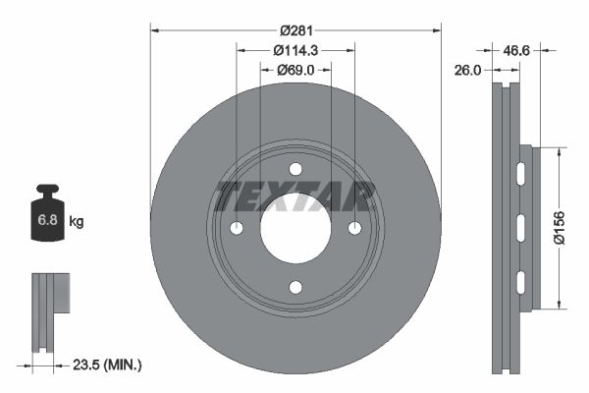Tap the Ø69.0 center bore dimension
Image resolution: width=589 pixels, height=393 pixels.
click(294, 70)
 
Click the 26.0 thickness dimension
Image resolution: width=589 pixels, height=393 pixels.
click(468, 71)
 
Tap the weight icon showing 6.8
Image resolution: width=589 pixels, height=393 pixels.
click(47, 216)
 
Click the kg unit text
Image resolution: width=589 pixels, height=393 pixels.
click(76, 222)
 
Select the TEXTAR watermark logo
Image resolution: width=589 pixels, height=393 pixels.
click(294, 196)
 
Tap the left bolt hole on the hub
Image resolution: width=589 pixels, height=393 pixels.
click(236, 228)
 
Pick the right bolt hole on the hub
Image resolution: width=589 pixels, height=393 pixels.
click(354, 228)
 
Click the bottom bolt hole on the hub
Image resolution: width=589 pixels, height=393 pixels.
click(294, 287)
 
